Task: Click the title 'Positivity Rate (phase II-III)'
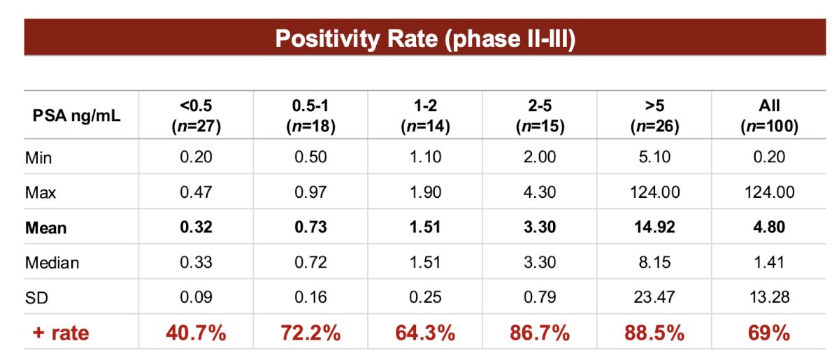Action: tap(425, 38)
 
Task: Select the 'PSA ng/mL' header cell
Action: tap(76, 115)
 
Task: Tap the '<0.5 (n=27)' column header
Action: tap(196, 116)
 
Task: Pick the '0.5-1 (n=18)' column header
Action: tap(311, 116)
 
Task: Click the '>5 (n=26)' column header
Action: tap(654, 116)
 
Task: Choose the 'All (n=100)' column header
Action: tap(769, 116)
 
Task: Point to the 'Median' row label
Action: tap(52, 263)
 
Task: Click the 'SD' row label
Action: tap(36, 298)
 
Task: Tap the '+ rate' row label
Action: tap(61, 333)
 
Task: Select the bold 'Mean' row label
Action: tap(45, 228)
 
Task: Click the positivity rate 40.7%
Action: tap(196, 333)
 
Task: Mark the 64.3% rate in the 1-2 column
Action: tap(426, 333)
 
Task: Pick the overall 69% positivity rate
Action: tap(769, 333)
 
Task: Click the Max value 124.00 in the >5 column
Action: tap(654, 192)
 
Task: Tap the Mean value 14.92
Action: tap(654, 227)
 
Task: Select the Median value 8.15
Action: tap(654, 262)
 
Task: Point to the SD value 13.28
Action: tap(769, 297)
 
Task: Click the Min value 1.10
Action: tap(426, 157)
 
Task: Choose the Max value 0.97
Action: tap(311, 192)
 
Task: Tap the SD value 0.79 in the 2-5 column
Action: tap(540, 297)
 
